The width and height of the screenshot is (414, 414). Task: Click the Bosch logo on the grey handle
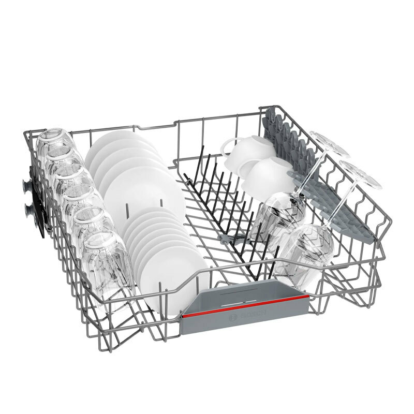[248, 316]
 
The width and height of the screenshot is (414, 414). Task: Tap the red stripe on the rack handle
[245, 306]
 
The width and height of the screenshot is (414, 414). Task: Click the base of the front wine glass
[360, 175]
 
